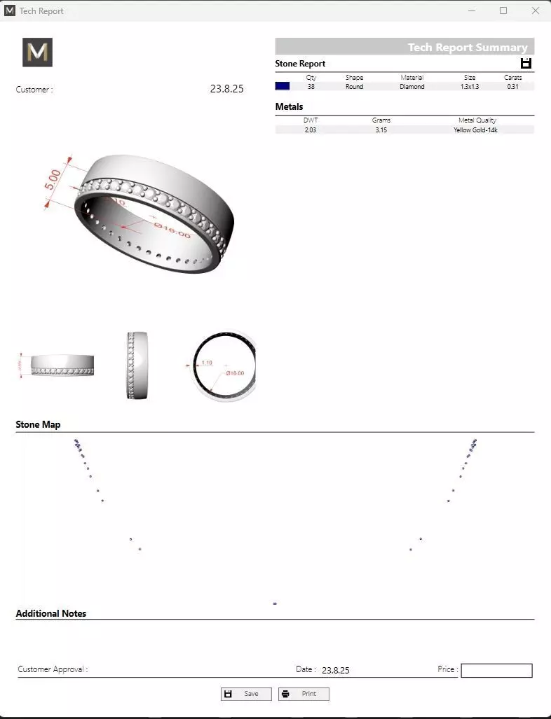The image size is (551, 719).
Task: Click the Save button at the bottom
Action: (246, 694)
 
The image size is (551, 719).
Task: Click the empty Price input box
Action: (496, 671)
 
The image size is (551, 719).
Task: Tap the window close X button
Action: (536, 11)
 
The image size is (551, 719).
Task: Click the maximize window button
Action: (503, 11)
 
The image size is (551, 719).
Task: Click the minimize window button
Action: (470, 11)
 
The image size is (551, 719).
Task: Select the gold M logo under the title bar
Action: (37, 53)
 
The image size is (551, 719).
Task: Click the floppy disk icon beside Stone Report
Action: (526, 64)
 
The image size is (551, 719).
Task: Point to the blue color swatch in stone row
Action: (283, 86)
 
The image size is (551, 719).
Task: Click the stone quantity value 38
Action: (311, 87)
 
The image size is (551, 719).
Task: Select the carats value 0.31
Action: (512, 87)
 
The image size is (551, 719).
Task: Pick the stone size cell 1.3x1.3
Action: (469, 87)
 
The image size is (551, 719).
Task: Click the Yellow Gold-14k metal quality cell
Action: (475, 130)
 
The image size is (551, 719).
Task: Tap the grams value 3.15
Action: (381, 130)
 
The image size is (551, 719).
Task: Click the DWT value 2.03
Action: (311, 130)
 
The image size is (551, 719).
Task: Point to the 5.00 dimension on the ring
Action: (53, 179)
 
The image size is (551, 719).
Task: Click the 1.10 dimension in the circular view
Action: (207, 363)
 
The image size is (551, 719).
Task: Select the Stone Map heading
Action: (39, 425)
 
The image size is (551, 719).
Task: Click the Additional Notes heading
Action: (51, 613)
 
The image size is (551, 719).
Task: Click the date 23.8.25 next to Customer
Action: (226, 89)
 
